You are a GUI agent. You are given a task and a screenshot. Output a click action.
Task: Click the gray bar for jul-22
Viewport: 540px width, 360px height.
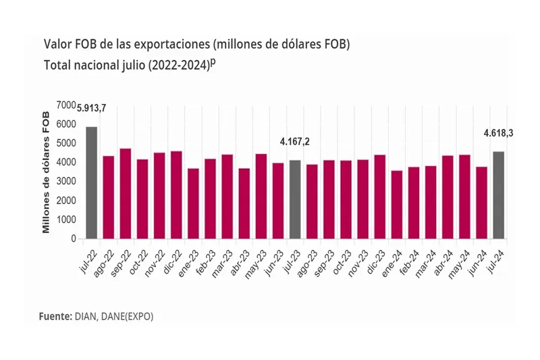click(91, 182)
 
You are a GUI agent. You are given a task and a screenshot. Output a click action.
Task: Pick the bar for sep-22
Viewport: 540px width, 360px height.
click(125, 193)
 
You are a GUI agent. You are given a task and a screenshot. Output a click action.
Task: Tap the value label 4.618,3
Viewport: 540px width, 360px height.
click(499, 133)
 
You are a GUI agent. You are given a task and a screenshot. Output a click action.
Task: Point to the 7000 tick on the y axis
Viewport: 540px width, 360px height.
click(67, 105)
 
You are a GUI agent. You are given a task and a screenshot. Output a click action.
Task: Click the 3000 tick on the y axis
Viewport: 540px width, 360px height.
click(67, 182)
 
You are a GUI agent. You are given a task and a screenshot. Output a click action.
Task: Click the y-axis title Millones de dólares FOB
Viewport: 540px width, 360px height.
click(47, 172)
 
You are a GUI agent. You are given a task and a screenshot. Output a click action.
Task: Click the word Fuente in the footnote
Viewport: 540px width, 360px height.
click(54, 315)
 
